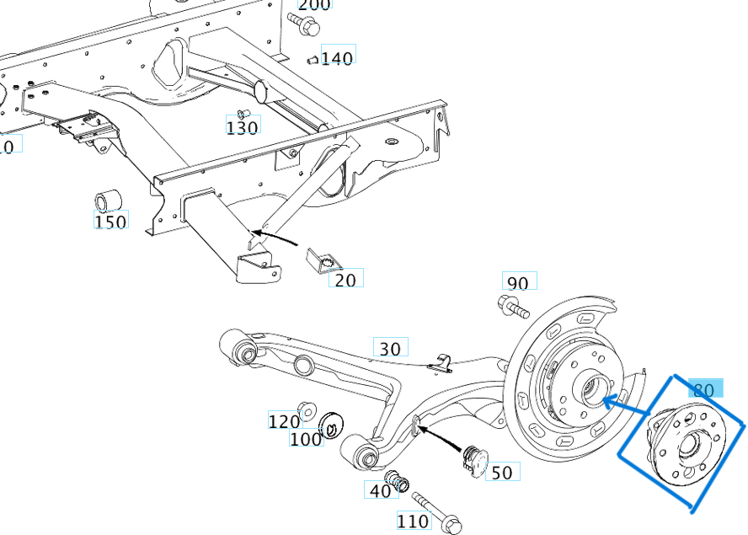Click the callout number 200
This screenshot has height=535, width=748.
point(314,4)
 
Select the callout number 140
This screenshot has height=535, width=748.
point(337,57)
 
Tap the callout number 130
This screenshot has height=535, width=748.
point(242,127)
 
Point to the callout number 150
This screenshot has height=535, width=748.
point(110,222)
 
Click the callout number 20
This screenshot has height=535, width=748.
point(345,279)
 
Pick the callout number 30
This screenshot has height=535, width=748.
point(390,348)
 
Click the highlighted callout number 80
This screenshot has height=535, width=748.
point(703,390)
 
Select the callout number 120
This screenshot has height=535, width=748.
point(284,421)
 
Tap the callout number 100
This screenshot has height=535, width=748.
point(306,439)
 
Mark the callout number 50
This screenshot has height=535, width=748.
point(501,473)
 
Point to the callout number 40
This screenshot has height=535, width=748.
point(380,490)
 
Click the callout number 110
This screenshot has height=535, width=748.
point(413,522)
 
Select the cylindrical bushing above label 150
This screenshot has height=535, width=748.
point(108,201)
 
